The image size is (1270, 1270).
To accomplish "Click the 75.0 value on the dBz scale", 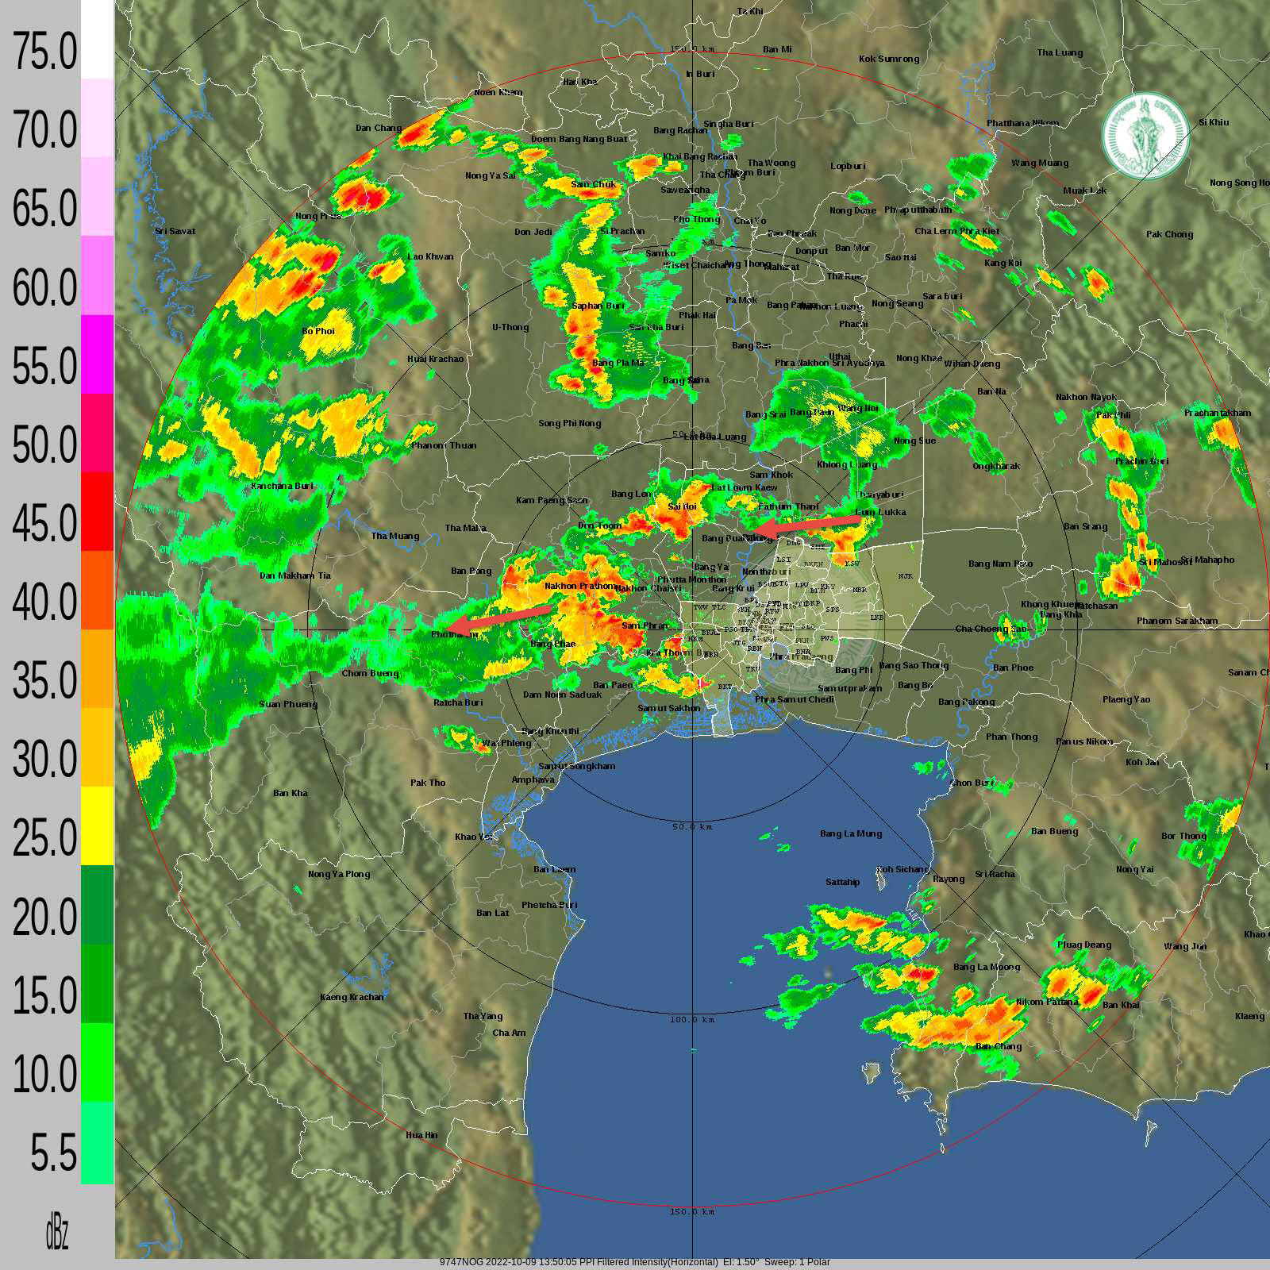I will (44, 52).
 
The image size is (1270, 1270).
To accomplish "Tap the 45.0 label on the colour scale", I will (44, 523).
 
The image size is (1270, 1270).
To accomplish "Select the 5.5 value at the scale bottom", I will (54, 1153).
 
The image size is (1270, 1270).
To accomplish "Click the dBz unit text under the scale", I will (56, 1233).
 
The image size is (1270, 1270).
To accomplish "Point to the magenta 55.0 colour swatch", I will (97, 354).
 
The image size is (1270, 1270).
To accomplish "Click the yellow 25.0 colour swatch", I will (97, 825).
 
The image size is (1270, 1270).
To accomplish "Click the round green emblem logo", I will (1145, 137).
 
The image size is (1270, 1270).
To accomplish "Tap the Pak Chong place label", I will (1169, 234).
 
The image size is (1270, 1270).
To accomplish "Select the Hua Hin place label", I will (421, 1135).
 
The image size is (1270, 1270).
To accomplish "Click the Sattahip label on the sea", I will (842, 882).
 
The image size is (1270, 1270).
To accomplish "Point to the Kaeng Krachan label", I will (352, 997).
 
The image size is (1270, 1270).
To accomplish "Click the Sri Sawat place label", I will (175, 231).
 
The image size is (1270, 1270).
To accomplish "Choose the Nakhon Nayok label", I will (1086, 397).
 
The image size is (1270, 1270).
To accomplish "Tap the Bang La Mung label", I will (851, 833).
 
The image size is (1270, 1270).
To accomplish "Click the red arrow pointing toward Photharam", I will (500, 618).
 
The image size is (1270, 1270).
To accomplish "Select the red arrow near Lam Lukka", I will (807, 525).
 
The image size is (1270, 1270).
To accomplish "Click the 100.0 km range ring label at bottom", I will (692, 1019).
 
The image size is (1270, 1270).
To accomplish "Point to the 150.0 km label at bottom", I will (692, 1212).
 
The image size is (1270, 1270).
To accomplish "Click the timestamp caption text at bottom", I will (634, 1262).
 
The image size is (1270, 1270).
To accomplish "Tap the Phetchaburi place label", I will (549, 905).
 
